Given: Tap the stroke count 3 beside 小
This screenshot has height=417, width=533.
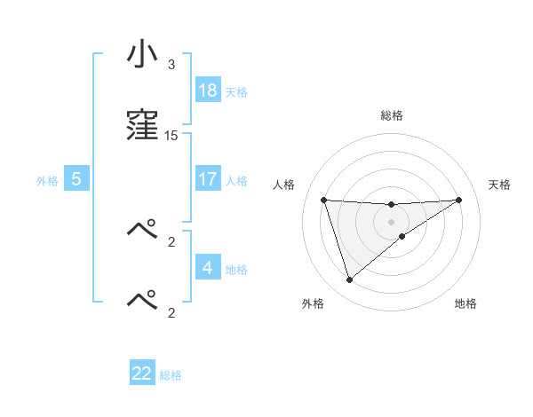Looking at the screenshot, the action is [171, 65].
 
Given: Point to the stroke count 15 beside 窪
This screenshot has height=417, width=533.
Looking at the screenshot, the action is [171, 135].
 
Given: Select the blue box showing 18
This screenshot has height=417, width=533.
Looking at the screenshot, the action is [208, 90].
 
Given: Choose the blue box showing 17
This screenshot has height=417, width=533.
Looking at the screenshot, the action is [208, 179].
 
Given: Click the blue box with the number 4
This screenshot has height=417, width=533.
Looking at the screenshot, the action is [208, 267].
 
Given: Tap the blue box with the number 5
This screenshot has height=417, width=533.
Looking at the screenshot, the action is [76, 179].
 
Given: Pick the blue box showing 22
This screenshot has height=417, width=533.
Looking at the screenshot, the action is [142, 374].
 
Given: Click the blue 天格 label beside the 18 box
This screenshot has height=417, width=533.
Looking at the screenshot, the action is [236, 91].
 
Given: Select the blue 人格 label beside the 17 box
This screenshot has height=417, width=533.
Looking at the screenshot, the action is [236, 180].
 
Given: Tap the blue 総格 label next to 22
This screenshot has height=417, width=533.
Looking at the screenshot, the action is [171, 375].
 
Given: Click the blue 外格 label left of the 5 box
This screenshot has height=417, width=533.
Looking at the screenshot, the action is [47, 180].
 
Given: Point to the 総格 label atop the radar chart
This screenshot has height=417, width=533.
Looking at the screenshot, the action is [392, 115].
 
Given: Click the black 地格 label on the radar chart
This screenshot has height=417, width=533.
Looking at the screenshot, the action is [465, 303].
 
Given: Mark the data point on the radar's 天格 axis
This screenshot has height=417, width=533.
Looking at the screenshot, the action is [459, 200].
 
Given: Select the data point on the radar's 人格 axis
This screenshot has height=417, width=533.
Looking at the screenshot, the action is [324, 200].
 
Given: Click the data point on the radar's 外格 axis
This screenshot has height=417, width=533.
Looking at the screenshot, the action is [349, 280].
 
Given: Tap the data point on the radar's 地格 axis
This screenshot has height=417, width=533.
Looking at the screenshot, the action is [402, 236].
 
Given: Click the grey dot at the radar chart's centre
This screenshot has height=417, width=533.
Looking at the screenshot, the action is [392, 221].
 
